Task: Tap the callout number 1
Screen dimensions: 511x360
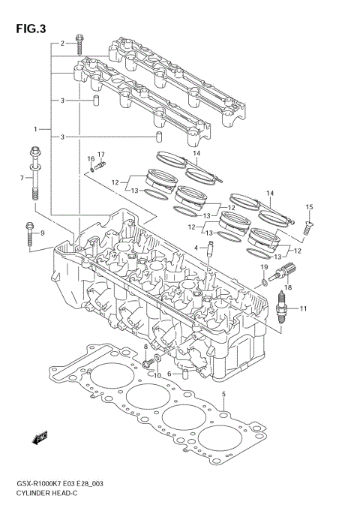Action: [x=35, y=129]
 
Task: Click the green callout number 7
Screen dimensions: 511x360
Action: [x=22, y=178]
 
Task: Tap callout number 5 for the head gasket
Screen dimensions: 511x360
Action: [x=223, y=393]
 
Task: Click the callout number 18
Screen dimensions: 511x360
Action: [x=287, y=287]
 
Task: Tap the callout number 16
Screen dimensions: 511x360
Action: [x=90, y=158]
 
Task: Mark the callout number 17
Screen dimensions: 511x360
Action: [x=100, y=155]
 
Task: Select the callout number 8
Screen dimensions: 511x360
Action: [x=145, y=346]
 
